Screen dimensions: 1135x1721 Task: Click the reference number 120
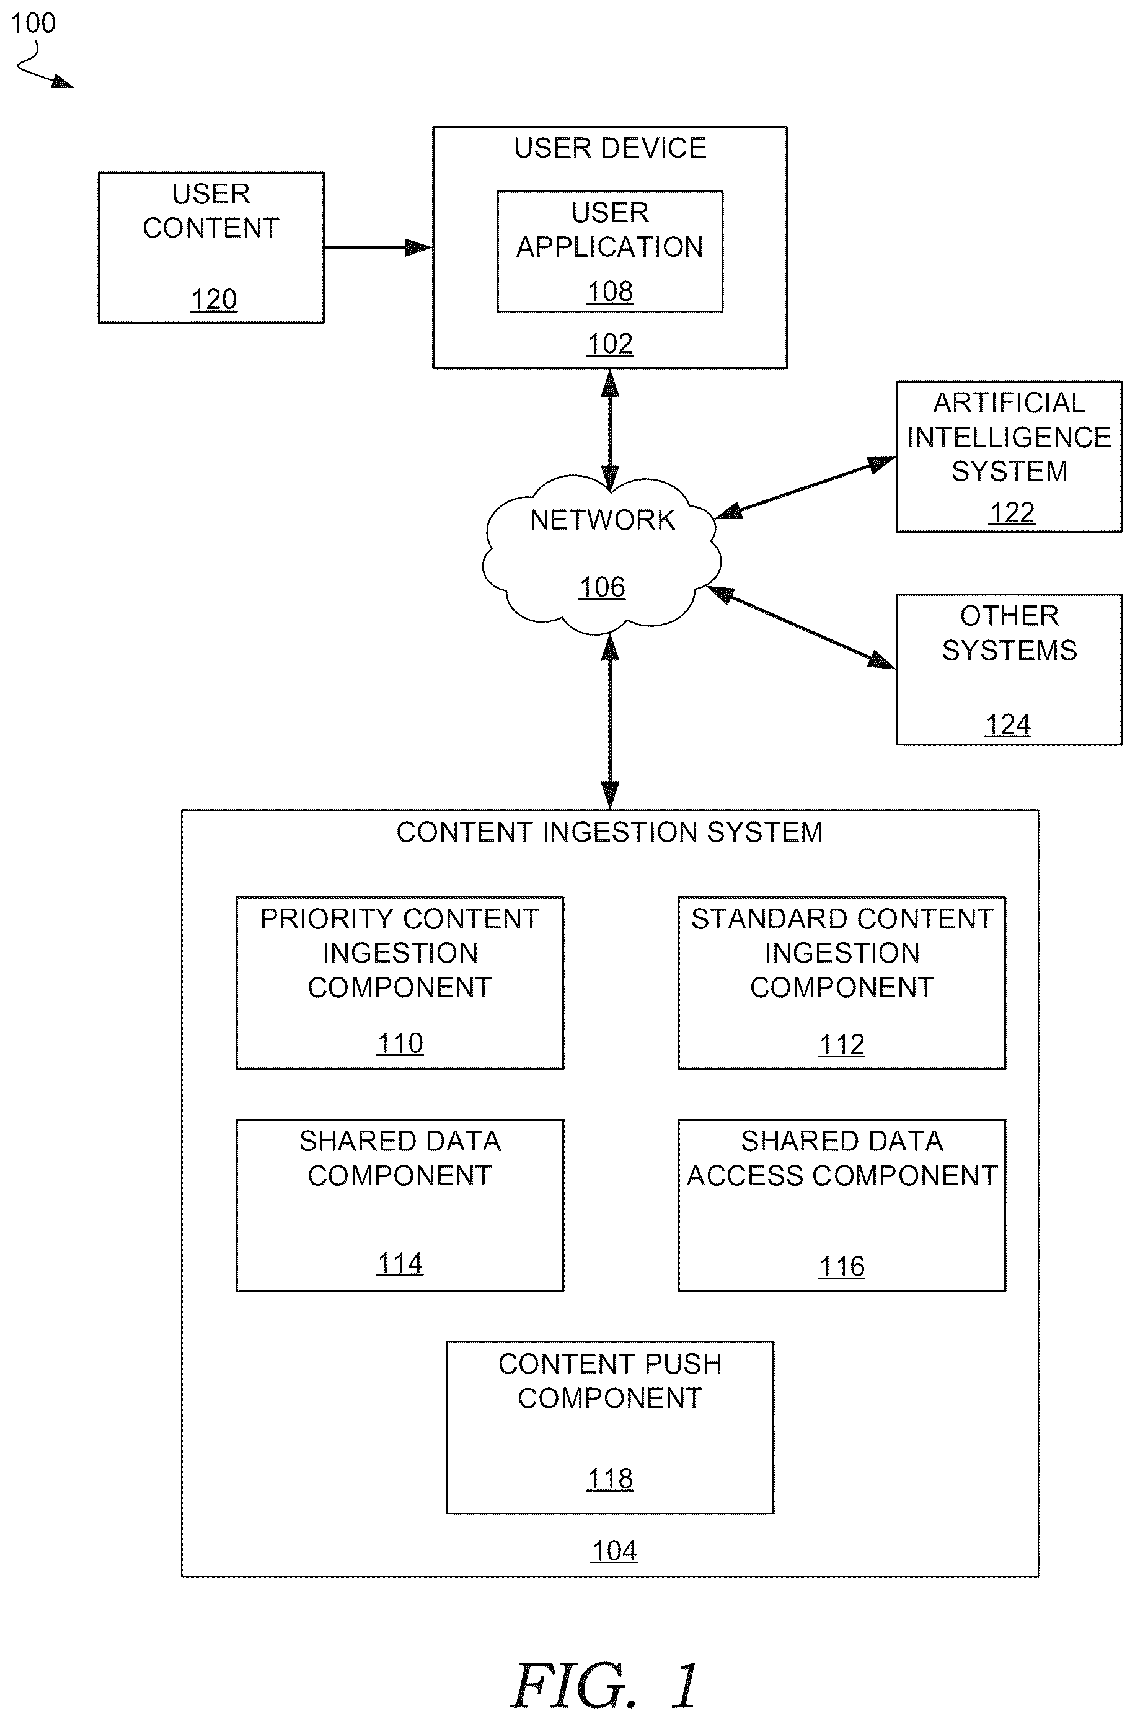(x=213, y=300)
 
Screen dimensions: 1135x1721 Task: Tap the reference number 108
(x=610, y=291)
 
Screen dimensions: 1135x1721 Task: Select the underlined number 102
(x=610, y=344)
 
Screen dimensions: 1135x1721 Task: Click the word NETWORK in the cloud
(x=603, y=520)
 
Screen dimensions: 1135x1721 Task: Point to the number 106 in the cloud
(x=603, y=587)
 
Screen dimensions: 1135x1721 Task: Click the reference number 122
(x=1012, y=513)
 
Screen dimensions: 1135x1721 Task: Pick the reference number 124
(x=1009, y=725)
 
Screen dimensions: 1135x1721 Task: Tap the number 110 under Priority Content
(x=400, y=1043)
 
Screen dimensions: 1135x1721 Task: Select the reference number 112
(x=842, y=1045)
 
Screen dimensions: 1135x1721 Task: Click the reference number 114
(x=400, y=1263)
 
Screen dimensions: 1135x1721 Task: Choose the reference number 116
(x=842, y=1267)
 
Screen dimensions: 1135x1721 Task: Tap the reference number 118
(x=610, y=1479)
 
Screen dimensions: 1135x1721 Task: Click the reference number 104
(x=614, y=1551)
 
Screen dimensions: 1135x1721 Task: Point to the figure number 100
(x=33, y=23)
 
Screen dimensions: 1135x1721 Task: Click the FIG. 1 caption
(x=604, y=1686)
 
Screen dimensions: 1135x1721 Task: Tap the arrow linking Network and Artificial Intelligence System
(x=806, y=487)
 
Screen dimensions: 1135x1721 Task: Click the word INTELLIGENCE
(x=1009, y=437)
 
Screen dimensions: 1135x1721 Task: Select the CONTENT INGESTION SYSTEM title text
(x=609, y=832)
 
